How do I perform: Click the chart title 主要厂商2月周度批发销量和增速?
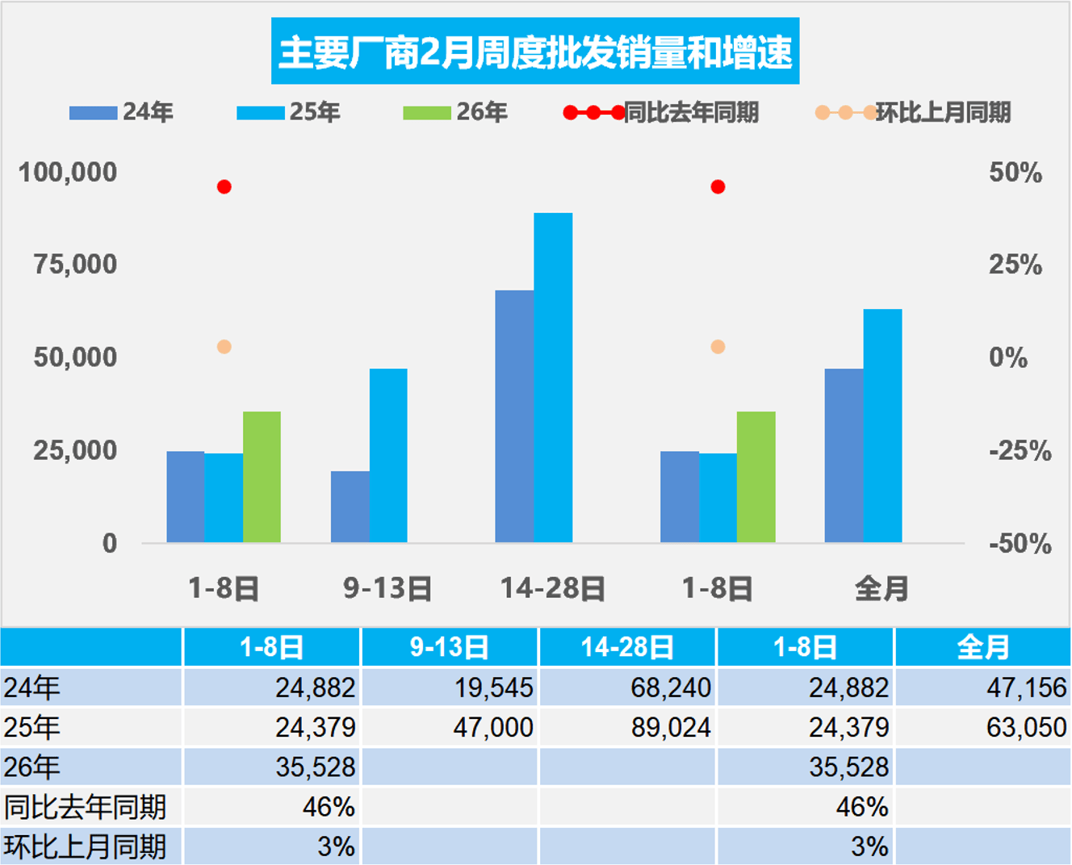535,52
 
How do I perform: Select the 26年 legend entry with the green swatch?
455,112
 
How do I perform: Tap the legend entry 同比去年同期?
662,112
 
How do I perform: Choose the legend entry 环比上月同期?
915,112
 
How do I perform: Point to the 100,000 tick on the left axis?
68,172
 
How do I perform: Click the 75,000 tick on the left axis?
75,265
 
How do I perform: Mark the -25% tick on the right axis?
1019,450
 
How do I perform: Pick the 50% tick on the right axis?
1015,173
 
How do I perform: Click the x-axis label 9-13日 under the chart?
387,588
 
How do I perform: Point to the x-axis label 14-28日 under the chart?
553,588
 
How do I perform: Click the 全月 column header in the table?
982,647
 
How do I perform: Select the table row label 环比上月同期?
85,846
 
